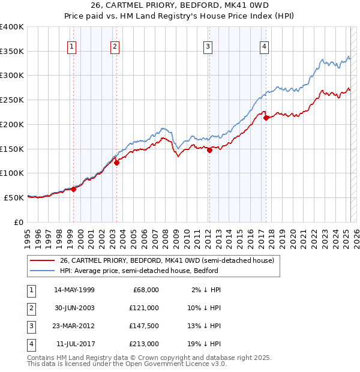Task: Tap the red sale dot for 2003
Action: [117, 162]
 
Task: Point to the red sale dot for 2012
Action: [209, 151]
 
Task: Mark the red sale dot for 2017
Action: [266, 118]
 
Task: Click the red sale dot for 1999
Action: [73, 188]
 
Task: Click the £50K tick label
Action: [14, 197]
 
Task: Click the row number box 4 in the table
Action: [31, 344]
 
